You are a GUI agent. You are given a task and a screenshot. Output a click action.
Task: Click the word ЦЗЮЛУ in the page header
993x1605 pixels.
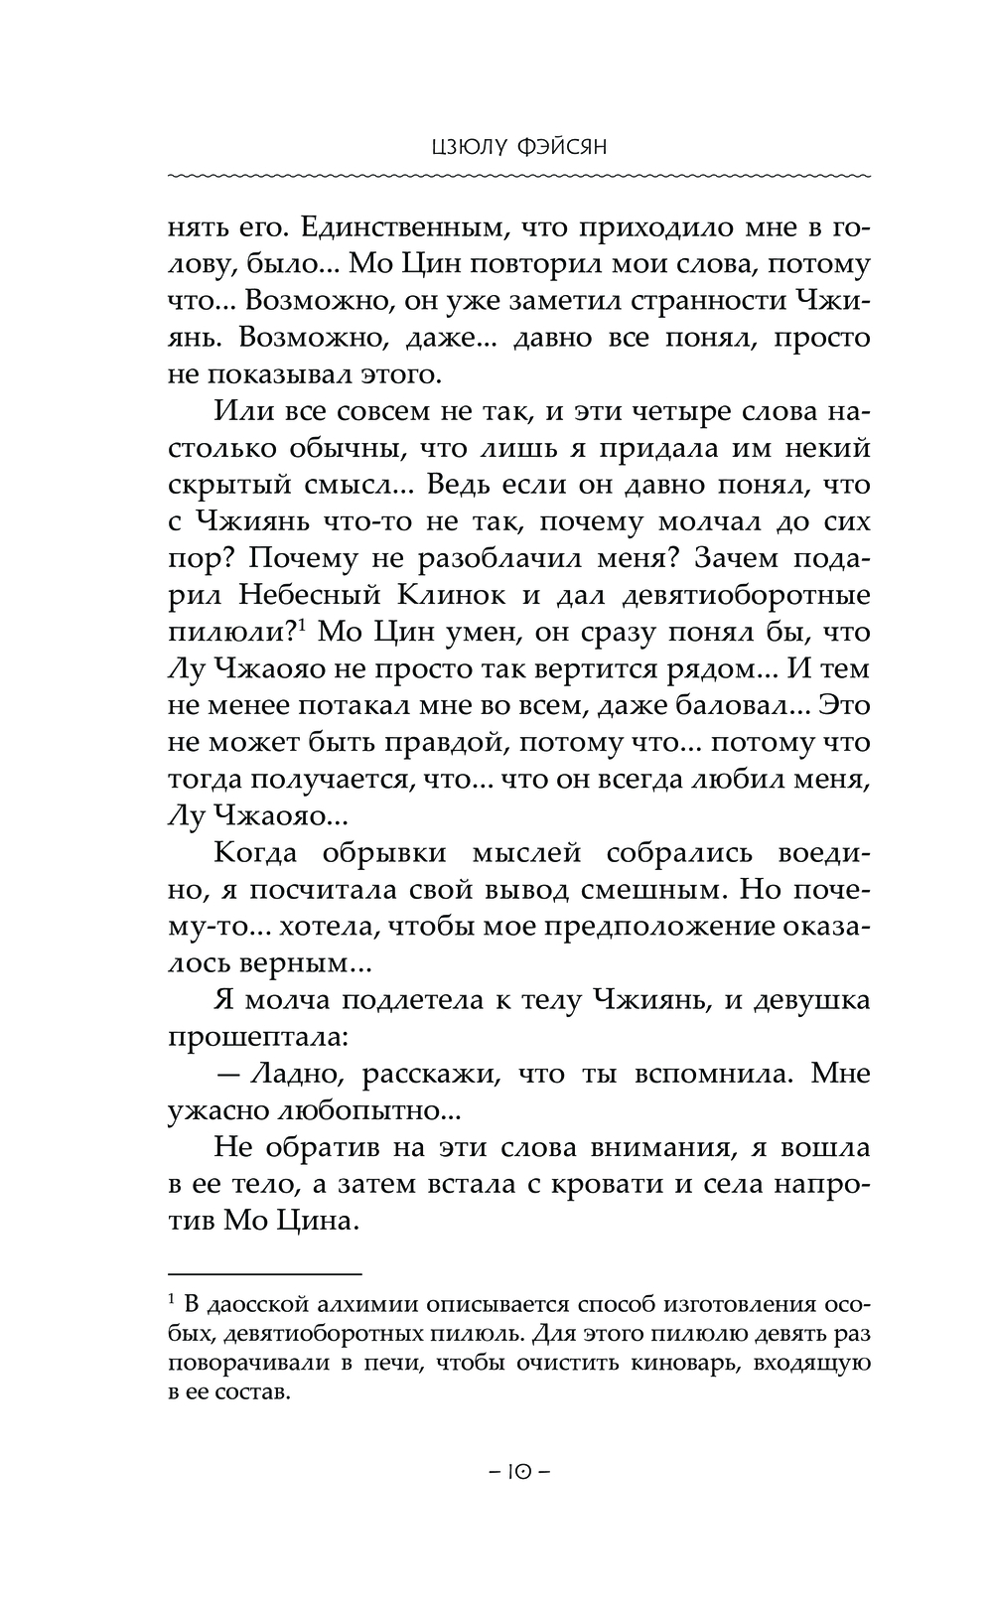[x=463, y=148]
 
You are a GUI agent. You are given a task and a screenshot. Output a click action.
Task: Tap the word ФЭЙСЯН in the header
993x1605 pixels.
[x=561, y=148]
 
